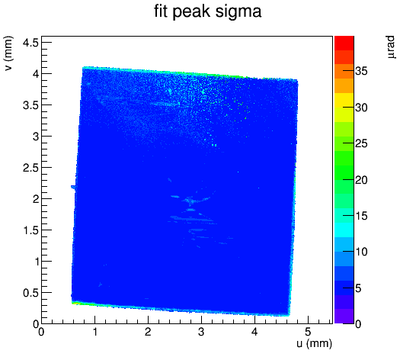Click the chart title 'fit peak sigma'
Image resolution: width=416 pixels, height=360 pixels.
pyautogui.click(x=208, y=11)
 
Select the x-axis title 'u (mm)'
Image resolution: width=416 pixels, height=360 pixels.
pyautogui.click(x=315, y=343)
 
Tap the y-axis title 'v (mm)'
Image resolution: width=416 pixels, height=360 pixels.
pyautogui.click(x=8, y=53)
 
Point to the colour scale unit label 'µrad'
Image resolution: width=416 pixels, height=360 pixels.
pyautogui.click(x=391, y=47)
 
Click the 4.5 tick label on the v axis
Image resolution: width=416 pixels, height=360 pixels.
pyautogui.click(x=30, y=42)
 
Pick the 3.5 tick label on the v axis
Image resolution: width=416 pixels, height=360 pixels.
pyautogui.click(x=30, y=105)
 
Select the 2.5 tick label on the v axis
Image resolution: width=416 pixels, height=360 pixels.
pyautogui.click(x=30, y=168)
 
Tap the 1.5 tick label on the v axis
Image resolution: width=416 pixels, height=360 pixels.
pyautogui.click(x=31, y=230)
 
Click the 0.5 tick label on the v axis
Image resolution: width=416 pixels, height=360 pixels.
pyautogui.click(x=30, y=293)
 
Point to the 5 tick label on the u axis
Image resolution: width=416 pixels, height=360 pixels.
pyautogui.click(x=308, y=332)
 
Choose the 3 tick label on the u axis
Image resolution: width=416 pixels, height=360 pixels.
pyautogui.click(x=201, y=332)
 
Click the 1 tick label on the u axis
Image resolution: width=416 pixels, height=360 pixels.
pyautogui.click(x=94, y=332)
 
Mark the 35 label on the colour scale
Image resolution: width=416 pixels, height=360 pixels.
pyautogui.click(x=361, y=71)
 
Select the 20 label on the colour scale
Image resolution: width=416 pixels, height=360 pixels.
pyautogui.click(x=361, y=180)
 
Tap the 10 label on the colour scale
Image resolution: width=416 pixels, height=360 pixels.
pyautogui.click(x=361, y=252)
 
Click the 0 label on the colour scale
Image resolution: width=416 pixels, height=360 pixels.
pyautogui.click(x=358, y=324)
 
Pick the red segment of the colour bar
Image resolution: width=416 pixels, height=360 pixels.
pyautogui.click(x=344, y=43)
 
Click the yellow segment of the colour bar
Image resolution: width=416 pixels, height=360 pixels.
pyautogui.click(x=344, y=100)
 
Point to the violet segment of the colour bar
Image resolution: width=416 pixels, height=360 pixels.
pyautogui.click(x=344, y=317)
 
